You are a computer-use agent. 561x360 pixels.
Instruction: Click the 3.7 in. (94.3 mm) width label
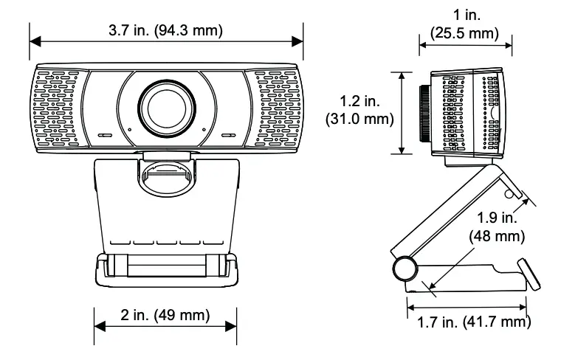[165, 30]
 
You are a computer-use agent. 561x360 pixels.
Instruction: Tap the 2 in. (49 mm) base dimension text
[165, 316]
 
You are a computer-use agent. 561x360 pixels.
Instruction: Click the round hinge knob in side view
[405, 269]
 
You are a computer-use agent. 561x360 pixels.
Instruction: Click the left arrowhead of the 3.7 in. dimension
[33, 41]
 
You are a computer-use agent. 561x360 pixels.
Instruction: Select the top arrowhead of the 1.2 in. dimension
[402, 75]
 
